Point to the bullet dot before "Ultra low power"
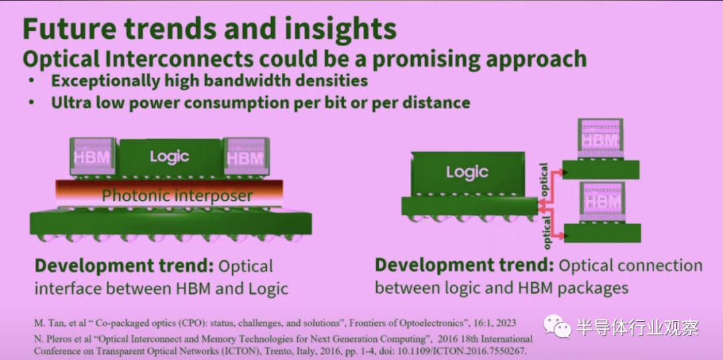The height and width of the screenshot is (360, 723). [x=31, y=102]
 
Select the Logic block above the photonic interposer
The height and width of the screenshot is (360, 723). [x=169, y=158]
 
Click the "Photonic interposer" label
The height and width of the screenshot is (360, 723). [x=177, y=195]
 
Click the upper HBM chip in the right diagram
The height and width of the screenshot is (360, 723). [x=600, y=139]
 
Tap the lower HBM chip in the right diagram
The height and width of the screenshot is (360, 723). [x=602, y=202]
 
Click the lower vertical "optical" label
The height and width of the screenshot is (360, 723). [x=546, y=232]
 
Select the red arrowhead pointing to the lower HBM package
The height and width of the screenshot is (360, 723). [x=561, y=236]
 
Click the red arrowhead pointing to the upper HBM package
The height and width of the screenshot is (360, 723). [x=560, y=172]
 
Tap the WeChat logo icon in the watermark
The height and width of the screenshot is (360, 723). [x=557, y=327]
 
